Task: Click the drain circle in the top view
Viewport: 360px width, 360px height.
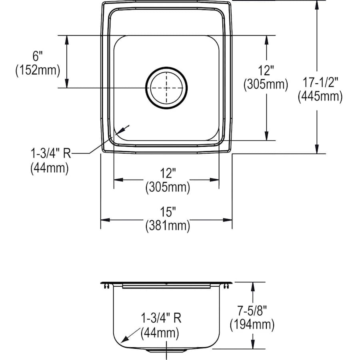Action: click(x=146, y=88)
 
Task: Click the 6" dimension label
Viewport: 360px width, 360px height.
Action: click(x=38, y=56)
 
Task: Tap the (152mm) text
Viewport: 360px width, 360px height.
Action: click(x=38, y=70)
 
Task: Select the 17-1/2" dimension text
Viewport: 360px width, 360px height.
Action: click(x=320, y=82)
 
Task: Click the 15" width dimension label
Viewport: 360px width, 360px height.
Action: click(x=168, y=212)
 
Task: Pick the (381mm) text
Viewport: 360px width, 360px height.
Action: click(x=168, y=226)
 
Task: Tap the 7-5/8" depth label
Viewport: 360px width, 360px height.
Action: click(x=252, y=310)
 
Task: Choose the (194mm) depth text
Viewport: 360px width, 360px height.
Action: click(x=252, y=324)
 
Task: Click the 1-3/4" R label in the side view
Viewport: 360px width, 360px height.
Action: click(x=161, y=318)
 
